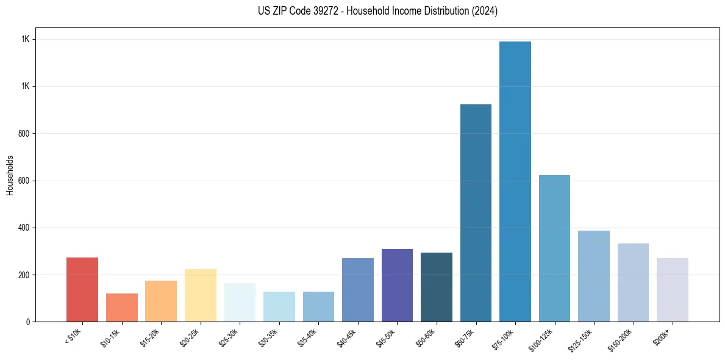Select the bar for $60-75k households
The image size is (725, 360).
(476, 213)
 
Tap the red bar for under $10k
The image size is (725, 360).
(82, 289)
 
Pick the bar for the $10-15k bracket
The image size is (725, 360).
(121, 308)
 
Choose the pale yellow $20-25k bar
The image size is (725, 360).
(200, 295)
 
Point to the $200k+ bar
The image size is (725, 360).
(672, 290)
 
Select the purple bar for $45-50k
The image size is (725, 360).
(397, 285)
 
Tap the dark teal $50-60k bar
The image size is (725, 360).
(437, 287)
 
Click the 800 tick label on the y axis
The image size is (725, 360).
(24, 134)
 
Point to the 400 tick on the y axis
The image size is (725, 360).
(24, 228)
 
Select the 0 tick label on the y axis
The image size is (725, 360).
(27, 322)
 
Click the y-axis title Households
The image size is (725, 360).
(10, 175)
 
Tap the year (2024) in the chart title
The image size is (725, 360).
(485, 11)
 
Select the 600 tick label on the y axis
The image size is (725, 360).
(24, 181)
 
